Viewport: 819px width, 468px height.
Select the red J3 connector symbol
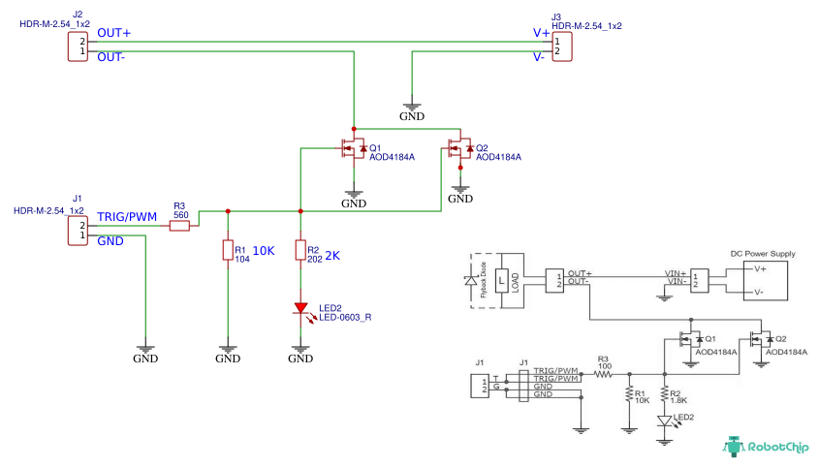[x=562, y=46]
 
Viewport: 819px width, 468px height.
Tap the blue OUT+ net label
[x=113, y=33]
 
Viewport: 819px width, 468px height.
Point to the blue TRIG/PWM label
[x=126, y=216]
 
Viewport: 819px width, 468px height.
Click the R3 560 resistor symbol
[x=179, y=226]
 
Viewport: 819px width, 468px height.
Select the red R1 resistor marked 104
[x=228, y=251]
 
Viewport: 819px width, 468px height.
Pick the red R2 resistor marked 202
[x=300, y=251]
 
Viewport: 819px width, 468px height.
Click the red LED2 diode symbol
[x=301, y=309]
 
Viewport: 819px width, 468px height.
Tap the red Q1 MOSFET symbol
[x=351, y=149]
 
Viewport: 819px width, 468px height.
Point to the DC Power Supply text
[x=762, y=254]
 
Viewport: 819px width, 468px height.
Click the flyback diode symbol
[x=474, y=280]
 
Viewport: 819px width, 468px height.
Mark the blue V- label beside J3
[x=539, y=57]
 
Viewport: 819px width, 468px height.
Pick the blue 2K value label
[x=331, y=256]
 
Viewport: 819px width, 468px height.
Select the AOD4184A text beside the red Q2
[x=499, y=157]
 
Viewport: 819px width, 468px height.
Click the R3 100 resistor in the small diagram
[x=605, y=372]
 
